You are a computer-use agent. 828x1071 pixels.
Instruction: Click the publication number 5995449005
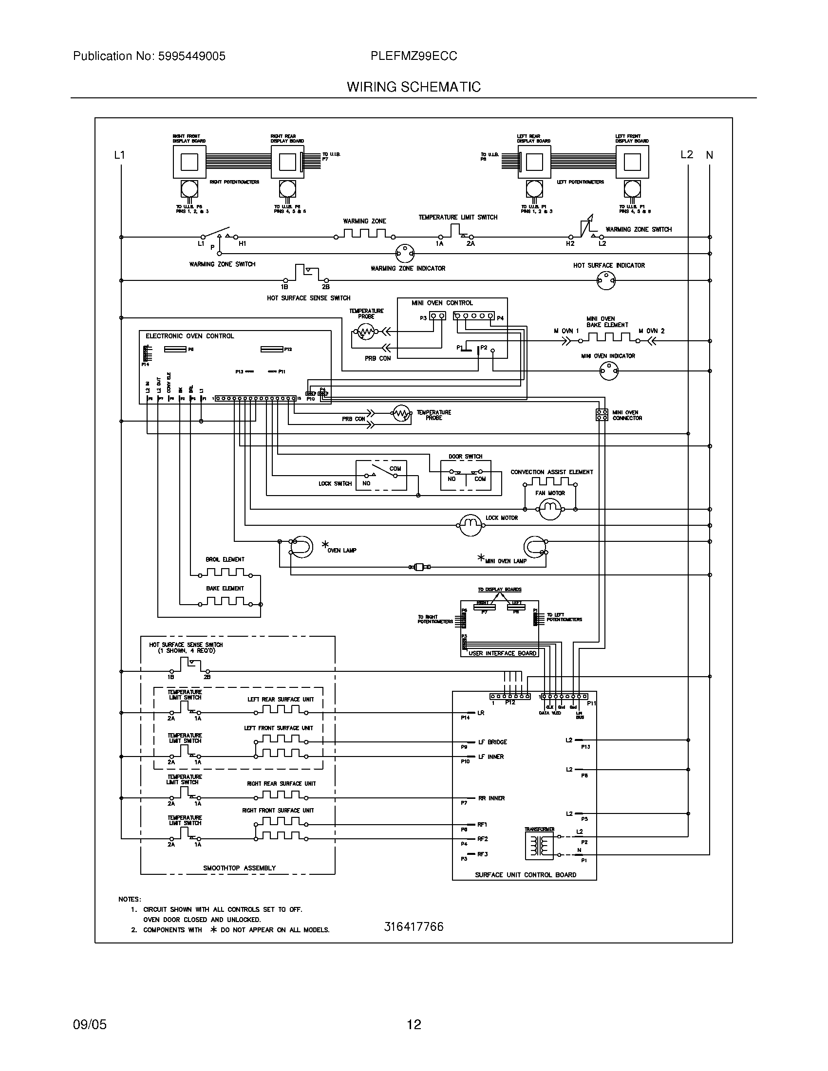click(191, 56)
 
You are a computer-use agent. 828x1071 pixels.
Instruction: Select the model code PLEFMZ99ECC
click(414, 56)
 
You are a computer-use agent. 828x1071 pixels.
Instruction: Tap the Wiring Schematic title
click(414, 87)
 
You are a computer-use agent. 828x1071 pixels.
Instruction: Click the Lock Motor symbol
click(470, 525)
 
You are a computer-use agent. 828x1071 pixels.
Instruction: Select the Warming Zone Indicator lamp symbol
click(405, 254)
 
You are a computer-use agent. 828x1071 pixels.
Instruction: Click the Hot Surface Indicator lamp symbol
click(606, 280)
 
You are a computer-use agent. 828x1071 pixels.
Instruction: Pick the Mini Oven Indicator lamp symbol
click(609, 371)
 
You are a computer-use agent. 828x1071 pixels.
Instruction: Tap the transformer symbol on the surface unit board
click(540, 846)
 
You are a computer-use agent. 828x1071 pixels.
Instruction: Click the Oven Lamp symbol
click(300, 547)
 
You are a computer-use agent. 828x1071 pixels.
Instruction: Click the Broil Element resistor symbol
click(225, 572)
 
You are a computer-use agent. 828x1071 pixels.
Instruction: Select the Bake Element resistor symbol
click(225, 601)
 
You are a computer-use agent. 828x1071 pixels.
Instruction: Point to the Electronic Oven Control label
click(190, 336)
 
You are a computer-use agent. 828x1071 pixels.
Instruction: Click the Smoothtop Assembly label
click(239, 868)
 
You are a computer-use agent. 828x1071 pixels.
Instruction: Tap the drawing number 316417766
click(414, 926)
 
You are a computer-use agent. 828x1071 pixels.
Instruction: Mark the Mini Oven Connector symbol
click(602, 415)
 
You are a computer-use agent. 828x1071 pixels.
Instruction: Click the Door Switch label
click(465, 456)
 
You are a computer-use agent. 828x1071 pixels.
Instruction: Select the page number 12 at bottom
click(414, 1024)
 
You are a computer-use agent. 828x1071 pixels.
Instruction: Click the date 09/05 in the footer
click(90, 1024)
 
